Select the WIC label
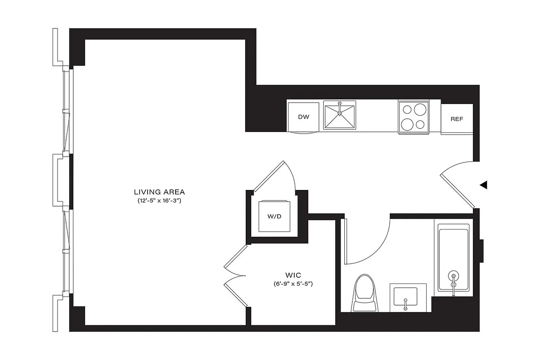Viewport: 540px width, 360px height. (x=292, y=274)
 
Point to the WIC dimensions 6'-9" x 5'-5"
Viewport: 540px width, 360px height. (x=292, y=284)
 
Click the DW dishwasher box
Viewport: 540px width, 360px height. (x=304, y=117)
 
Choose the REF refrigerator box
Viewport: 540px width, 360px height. (x=457, y=119)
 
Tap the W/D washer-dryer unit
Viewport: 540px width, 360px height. (x=274, y=216)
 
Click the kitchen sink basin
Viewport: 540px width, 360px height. (x=340, y=116)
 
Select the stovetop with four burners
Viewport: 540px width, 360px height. (x=413, y=117)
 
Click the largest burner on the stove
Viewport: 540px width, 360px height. (x=420, y=110)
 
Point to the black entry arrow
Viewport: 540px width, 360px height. (x=483, y=184)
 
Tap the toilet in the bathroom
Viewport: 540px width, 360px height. (x=365, y=293)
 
